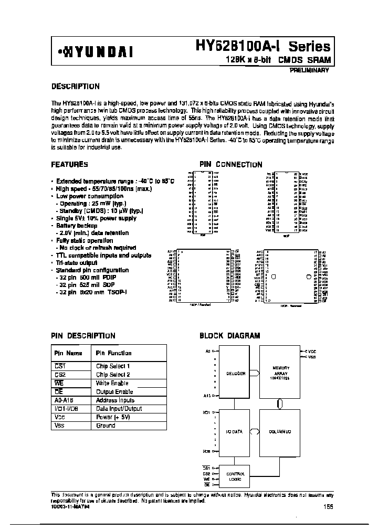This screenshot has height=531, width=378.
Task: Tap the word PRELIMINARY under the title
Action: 309,71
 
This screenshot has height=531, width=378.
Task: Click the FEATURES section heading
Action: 69,164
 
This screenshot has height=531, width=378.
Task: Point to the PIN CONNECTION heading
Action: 230,164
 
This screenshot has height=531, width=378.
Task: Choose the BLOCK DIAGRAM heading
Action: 230,336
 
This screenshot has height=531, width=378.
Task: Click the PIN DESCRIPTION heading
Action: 83,336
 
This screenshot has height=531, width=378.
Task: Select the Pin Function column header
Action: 113,353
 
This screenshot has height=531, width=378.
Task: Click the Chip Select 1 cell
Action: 113,366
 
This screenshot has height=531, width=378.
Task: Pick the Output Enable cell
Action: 114,391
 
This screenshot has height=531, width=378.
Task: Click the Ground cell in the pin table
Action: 106,426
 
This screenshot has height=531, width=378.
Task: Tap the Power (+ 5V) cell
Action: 112,417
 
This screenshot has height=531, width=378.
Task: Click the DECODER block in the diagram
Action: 236,374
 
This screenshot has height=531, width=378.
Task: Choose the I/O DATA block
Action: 235,432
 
